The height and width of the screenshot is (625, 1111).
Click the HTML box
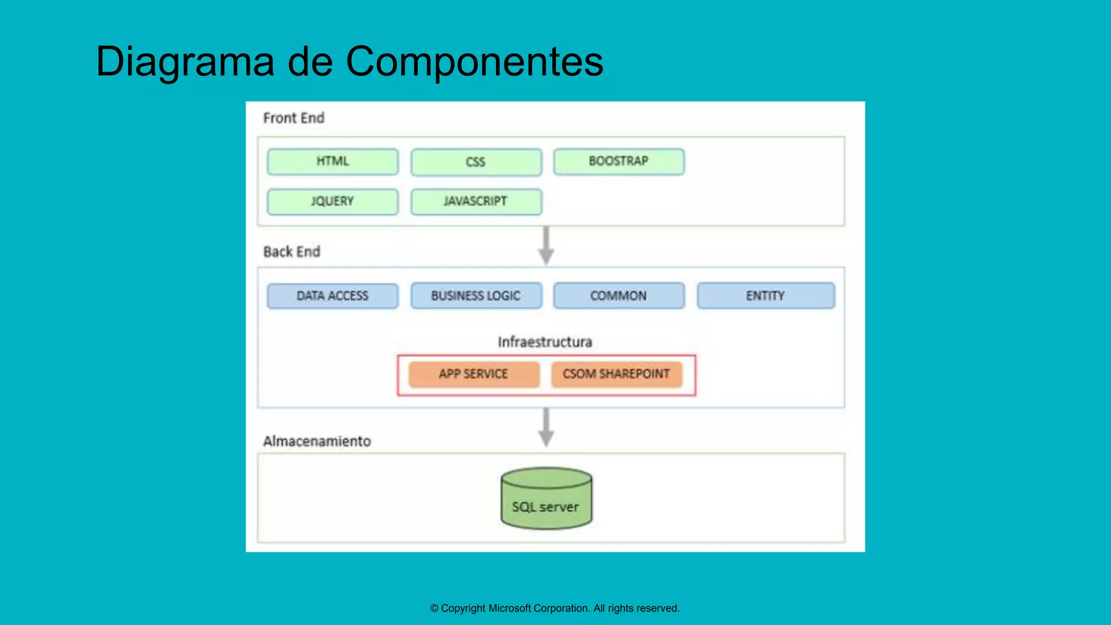(x=333, y=162)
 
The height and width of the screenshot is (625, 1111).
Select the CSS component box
(x=476, y=162)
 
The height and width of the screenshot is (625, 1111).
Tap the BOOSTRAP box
(x=618, y=162)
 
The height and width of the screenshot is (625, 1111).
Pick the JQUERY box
(x=333, y=201)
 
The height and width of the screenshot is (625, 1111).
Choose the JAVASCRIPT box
(x=476, y=201)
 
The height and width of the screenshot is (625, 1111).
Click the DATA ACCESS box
(x=333, y=296)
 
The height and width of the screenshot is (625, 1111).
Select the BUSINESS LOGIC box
(x=476, y=296)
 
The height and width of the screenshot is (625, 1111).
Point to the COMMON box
(x=618, y=296)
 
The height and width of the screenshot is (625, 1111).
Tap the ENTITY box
(x=765, y=296)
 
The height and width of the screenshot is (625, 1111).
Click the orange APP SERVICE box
(x=474, y=374)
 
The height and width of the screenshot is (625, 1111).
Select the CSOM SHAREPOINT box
(x=616, y=374)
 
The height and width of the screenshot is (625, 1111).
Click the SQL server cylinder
(x=546, y=499)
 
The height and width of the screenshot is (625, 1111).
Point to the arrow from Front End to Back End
(x=546, y=246)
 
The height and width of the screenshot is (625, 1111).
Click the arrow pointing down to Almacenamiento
(x=546, y=428)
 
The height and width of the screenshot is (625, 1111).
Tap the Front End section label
(x=293, y=118)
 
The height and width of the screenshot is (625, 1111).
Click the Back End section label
(x=292, y=252)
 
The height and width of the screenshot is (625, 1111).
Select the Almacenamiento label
(x=317, y=441)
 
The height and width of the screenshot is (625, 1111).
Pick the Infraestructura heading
(x=545, y=342)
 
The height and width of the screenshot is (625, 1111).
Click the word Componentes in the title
(x=474, y=62)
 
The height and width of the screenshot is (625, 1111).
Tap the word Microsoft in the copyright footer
(x=509, y=608)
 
